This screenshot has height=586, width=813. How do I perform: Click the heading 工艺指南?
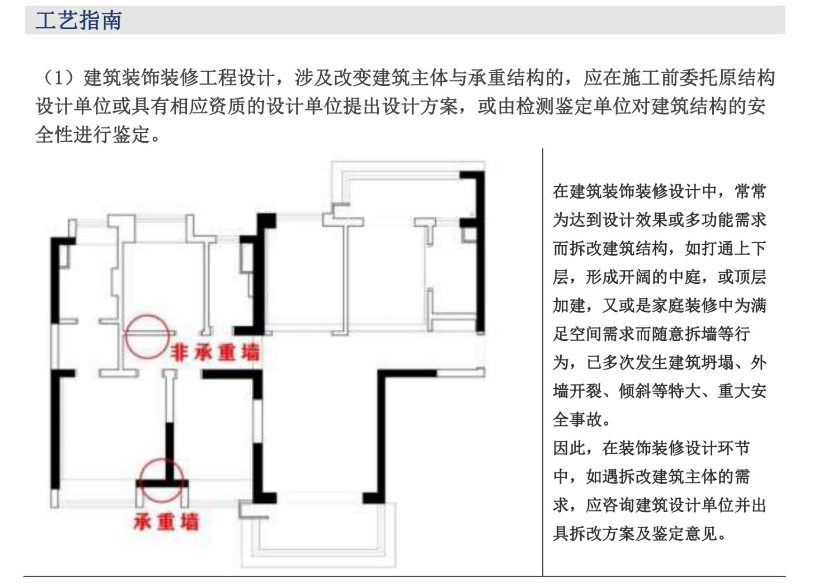pos(79,21)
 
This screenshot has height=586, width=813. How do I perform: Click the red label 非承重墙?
pos(215,353)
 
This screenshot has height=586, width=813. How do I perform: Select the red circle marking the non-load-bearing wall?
pos(147,337)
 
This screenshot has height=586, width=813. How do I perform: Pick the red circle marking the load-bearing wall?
pos(161,481)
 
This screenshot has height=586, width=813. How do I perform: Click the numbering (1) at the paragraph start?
pos(58,78)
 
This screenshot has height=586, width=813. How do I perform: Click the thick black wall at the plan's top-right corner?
pos(479,249)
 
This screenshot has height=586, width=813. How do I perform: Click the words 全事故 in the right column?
pos(578,419)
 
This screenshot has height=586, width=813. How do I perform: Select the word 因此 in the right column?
pos(569,448)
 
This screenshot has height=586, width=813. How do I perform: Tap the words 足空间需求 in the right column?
pos(594,334)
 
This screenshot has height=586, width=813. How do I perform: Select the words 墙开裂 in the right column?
pos(578,391)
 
